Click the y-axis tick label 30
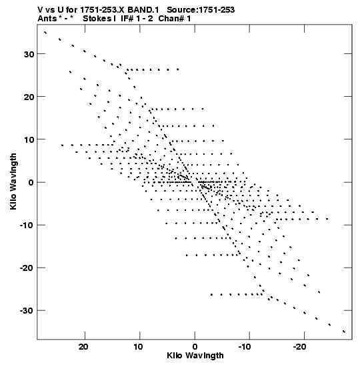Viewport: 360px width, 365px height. coord(29,54)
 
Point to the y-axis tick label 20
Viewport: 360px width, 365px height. coord(29,97)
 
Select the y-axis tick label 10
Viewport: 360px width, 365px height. coord(29,140)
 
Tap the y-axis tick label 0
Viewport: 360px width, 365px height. coord(31,183)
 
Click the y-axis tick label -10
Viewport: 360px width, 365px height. coord(27,226)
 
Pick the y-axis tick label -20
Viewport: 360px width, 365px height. coord(27,268)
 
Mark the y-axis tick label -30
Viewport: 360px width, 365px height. coord(27,311)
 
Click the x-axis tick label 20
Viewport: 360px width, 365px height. coord(83,347)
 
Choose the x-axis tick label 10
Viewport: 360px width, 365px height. coord(138,347)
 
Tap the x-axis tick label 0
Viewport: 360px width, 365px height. coord(195,347)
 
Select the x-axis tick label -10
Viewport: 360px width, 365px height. coord(245,347)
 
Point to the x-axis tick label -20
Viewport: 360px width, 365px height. coord(299,347)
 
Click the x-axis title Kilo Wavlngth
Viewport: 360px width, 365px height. coord(195,356)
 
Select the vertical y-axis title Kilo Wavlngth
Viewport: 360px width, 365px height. coord(13,181)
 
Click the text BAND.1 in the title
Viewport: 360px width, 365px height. coord(143,10)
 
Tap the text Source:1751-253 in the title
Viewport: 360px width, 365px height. coord(201,10)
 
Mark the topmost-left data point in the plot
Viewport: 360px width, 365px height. coord(45,33)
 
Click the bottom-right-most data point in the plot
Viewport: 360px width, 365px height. coord(344,332)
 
